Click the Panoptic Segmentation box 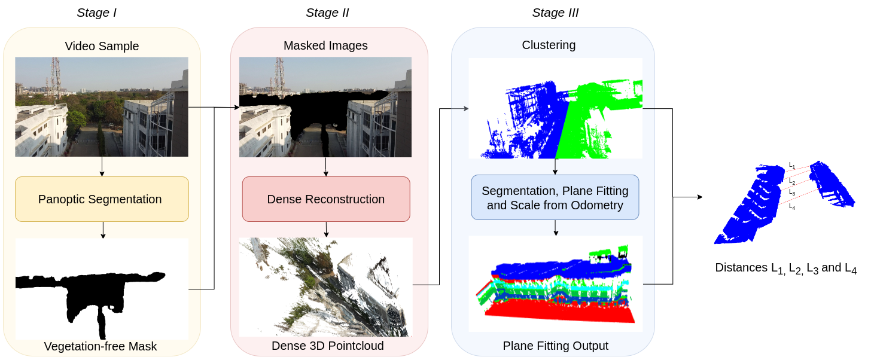[x=102, y=199]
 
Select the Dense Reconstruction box [x=326, y=199]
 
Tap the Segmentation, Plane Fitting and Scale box [x=555, y=198]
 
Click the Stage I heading [x=96, y=13]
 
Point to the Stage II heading [x=327, y=13]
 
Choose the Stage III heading [x=555, y=13]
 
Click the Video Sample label [x=102, y=46]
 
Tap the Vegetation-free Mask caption [x=101, y=346]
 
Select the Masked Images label [x=325, y=45]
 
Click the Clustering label [x=549, y=45]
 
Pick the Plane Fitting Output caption [x=555, y=346]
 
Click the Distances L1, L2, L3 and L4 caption [x=785, y=268]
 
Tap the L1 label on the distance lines [x=792, y=164]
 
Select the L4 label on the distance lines [x=792, y=206]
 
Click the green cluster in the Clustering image [x=598, y=120]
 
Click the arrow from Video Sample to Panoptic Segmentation [x=102, y=166]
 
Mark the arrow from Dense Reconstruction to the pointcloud [x=326, y=229]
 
